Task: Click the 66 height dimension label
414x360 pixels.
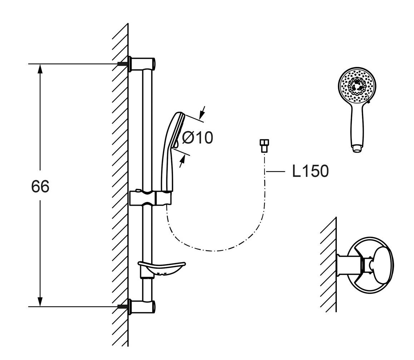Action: point(40,187)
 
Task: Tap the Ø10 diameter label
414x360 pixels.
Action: point(197,138)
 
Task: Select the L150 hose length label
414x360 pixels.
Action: point(310,172)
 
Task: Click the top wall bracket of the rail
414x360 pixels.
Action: point(143,63)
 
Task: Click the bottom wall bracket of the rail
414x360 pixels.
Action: point(143,306)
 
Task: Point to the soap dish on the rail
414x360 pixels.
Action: point(162,269)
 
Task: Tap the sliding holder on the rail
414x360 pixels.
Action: point(150,198)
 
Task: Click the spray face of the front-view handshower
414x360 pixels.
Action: point(357,86)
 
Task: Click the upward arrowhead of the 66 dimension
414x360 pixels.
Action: point(40,69)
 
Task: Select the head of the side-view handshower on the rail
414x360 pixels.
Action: point(177,130)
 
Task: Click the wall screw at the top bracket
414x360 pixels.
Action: point(123,63)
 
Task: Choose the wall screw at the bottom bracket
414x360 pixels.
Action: point(123,306)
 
